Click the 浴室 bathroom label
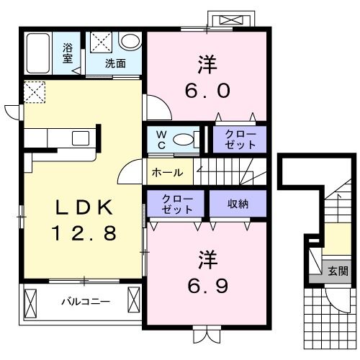pos(67,54)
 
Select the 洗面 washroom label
pos(115,63)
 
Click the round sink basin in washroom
pos(130,41)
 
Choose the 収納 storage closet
pos(238,204)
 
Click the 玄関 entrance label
pos(337,271)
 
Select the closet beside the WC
pos(240,139)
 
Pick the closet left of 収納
pos(176,204)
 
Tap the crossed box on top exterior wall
pos(230,20)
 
